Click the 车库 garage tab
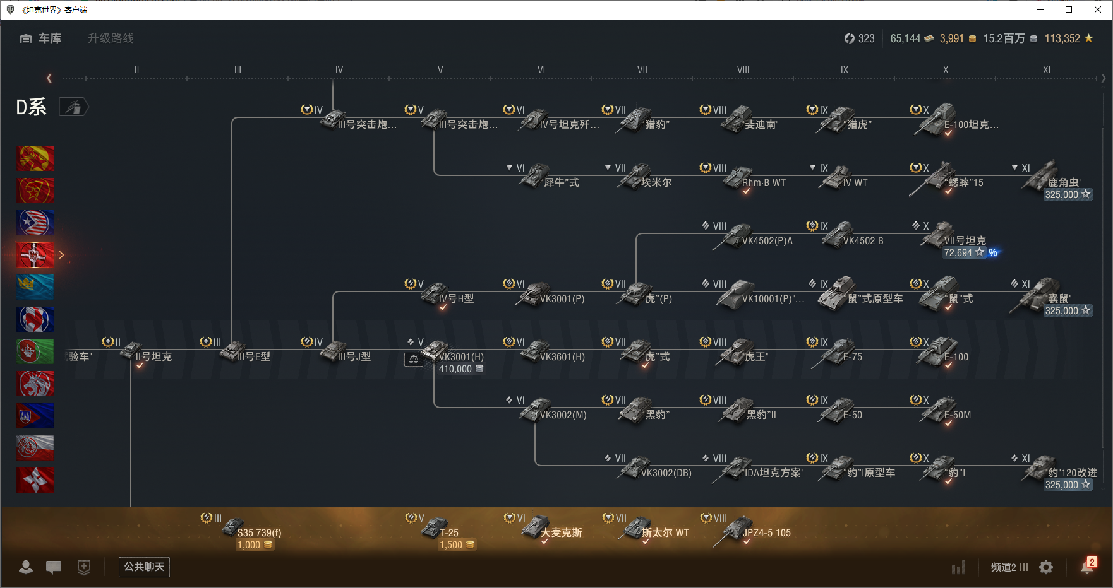(x=41, y=38)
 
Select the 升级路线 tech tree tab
(x=111, y=38)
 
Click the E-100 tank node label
(x=956, y=356)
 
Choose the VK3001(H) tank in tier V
(x=460, y=356)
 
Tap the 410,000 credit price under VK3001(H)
(x=456, y=369)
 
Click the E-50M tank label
(x=957, y=415)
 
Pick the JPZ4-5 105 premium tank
(x=766, y=532)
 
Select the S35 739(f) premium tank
(x=259, y=532)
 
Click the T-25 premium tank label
(x=448, y=532)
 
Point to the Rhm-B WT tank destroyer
(x=763, y=182)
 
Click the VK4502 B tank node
(x=862, y=240)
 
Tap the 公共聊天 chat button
(x=144, y=567)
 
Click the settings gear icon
(x=1046, y=567)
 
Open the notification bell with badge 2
(x=1086, y=567)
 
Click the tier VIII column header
(x=743, y=70)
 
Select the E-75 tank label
(x=852, y=356)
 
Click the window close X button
(x=1098, y=9)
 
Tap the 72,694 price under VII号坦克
(x=958, y=252)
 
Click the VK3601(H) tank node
(x=562, y=356)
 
